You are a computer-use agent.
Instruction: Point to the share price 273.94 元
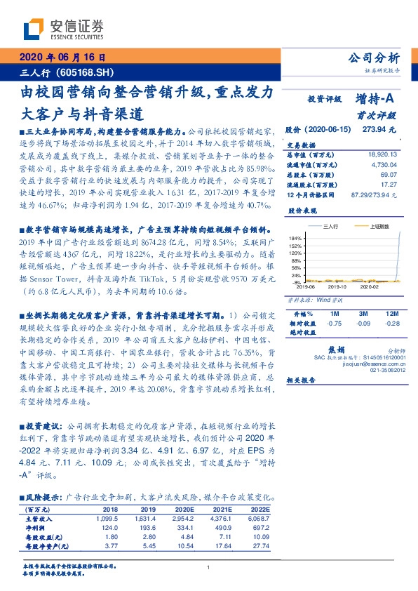[379, 130]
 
